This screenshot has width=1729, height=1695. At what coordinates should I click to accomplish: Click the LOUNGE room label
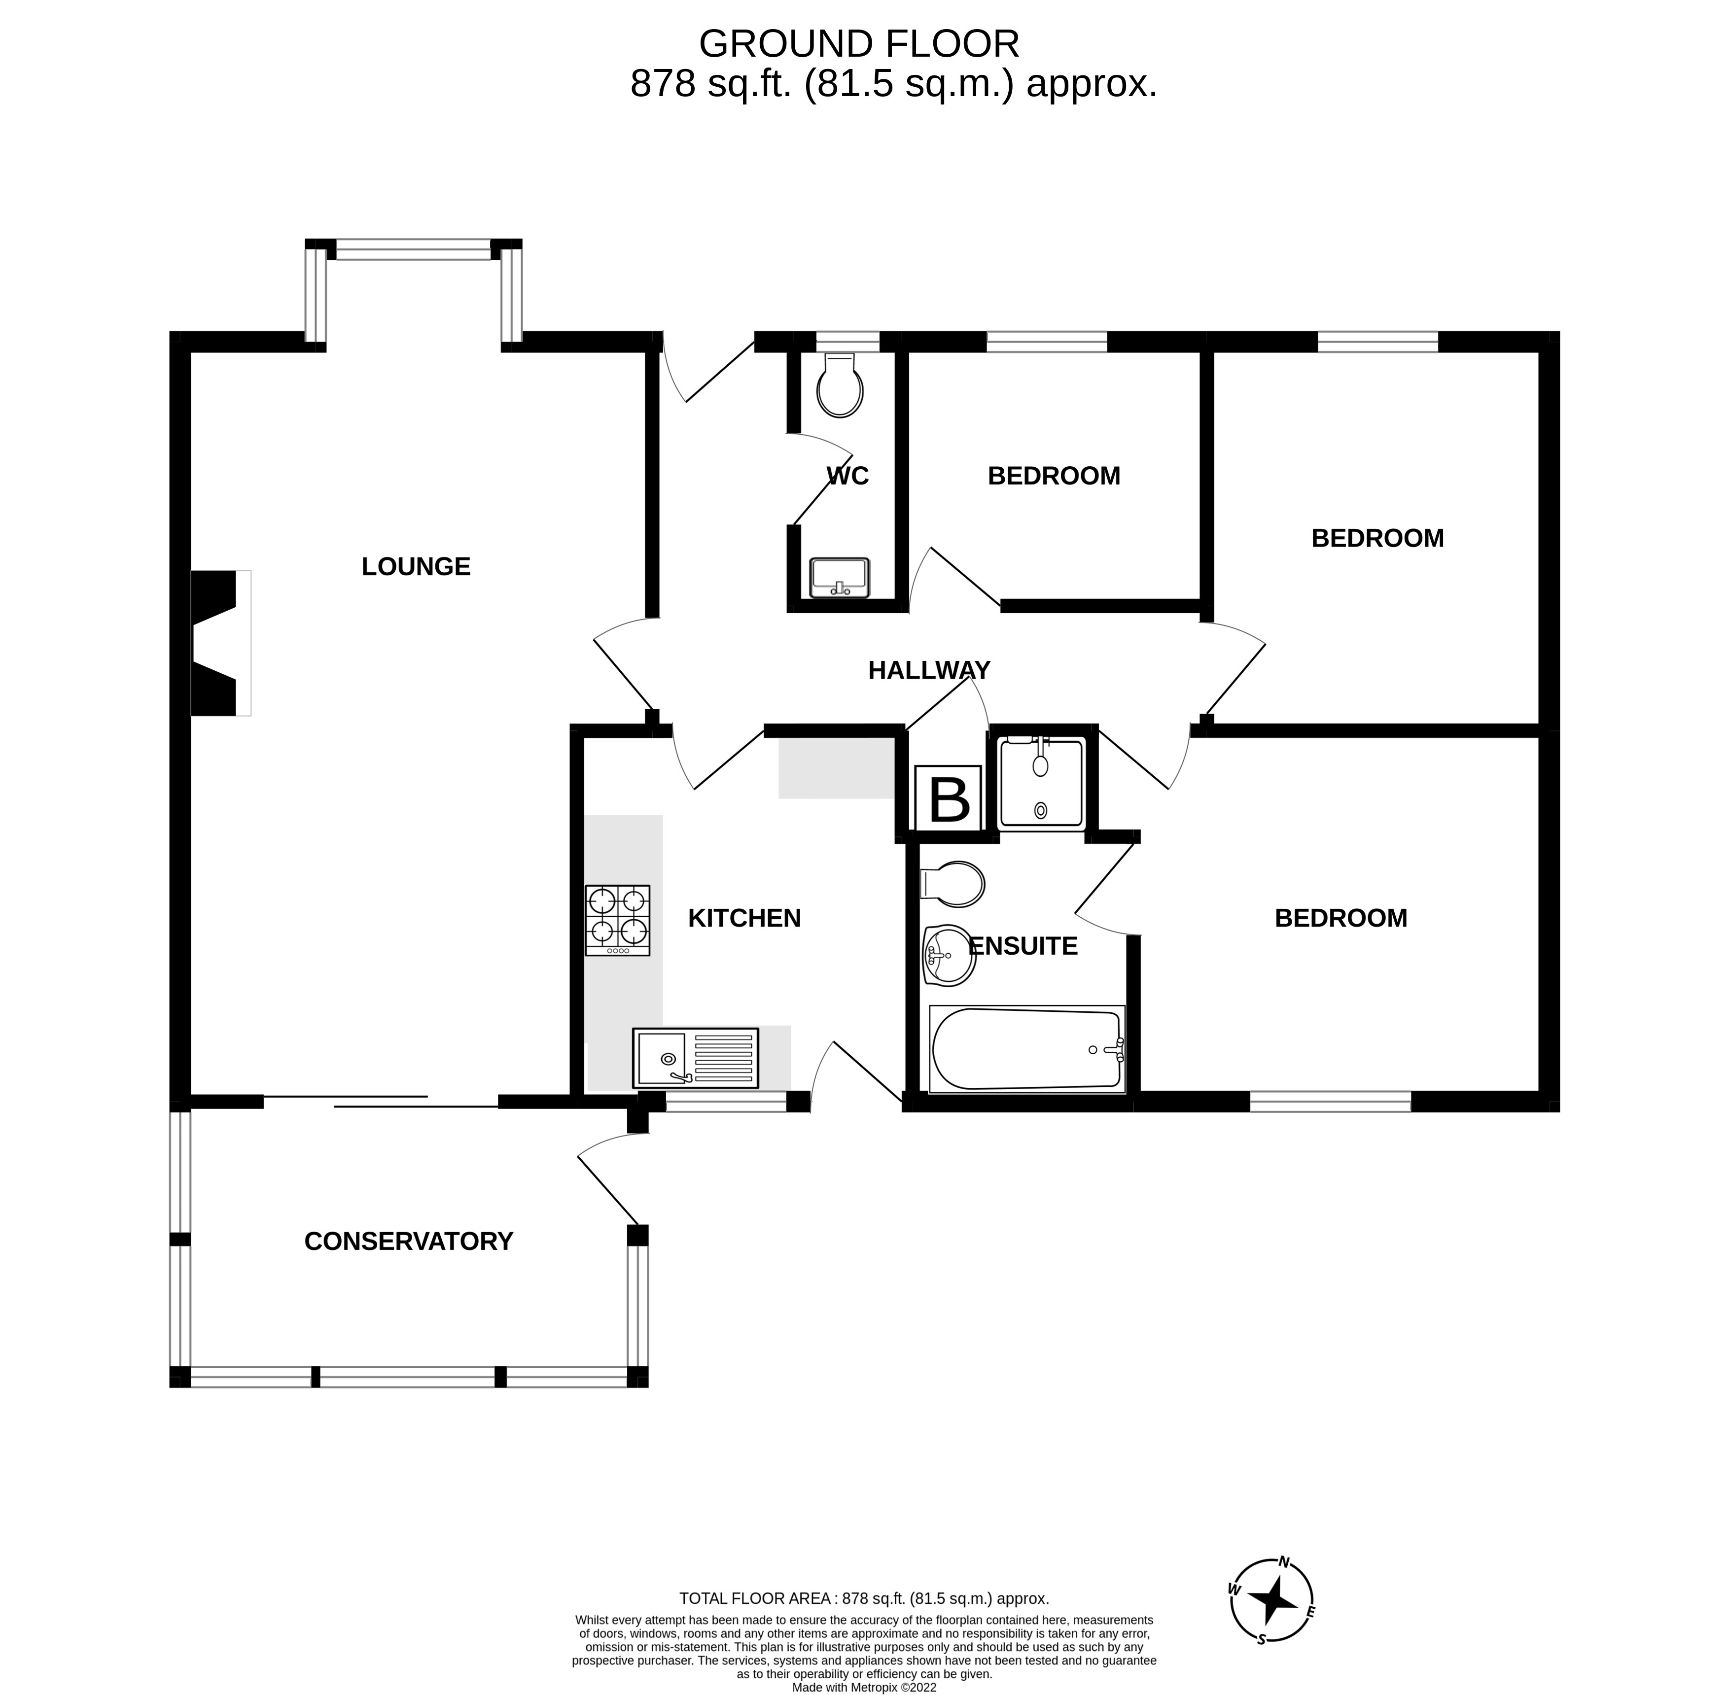pos(416,566)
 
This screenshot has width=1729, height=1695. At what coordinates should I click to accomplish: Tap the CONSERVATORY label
pos(409,1241)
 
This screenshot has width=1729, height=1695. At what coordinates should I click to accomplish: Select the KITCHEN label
pos(744,918)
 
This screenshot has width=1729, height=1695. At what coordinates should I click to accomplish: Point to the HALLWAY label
pos(929,669)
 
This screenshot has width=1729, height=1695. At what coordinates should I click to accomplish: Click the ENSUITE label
pos(1023,945)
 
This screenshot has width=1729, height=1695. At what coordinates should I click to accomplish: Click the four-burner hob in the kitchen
pos(617,920)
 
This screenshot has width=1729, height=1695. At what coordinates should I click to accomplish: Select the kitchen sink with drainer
pos(695,1058)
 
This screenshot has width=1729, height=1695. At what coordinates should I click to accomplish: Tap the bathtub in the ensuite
pos(1026,1049)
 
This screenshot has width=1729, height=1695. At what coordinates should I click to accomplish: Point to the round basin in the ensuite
pos(947,955)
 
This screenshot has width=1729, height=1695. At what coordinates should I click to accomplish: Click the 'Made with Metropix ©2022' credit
pos(864,1686)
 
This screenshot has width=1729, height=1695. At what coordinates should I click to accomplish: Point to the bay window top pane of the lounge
pos(413,249)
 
